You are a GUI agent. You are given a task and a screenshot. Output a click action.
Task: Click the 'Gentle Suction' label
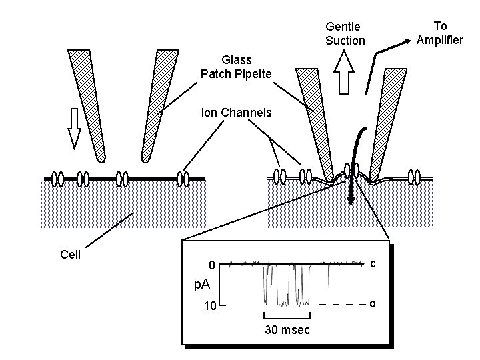pos(345,33)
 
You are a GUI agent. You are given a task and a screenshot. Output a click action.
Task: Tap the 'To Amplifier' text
pos(439,33)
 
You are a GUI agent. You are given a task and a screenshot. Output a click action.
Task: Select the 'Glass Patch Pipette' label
pos(236,67)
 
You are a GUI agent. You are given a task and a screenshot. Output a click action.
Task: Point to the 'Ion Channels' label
pos(236,113)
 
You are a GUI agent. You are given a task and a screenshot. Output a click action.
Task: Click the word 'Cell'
pos(70,255)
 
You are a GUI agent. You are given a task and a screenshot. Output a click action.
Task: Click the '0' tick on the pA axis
pos(210,265)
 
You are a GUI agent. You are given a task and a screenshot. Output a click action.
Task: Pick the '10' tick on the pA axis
pos(209,307)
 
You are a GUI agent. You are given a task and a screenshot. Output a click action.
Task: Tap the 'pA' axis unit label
pos(201,285)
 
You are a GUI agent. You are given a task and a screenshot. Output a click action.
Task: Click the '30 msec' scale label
pos(287,331)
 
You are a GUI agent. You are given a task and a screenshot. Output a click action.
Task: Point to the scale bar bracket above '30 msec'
pos(287,316)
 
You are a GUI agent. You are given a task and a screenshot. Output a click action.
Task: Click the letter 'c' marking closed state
pos(373,264)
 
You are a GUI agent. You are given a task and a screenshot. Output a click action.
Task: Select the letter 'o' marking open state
pos(373,305)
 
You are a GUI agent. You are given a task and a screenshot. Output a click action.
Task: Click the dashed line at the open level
pos(343,305)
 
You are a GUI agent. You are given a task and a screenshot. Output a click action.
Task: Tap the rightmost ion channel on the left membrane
pos(183,179)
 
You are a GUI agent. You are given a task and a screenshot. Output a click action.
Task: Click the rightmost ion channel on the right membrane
pos(415,177)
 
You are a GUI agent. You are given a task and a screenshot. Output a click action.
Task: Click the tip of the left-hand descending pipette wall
pos(100,159)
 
